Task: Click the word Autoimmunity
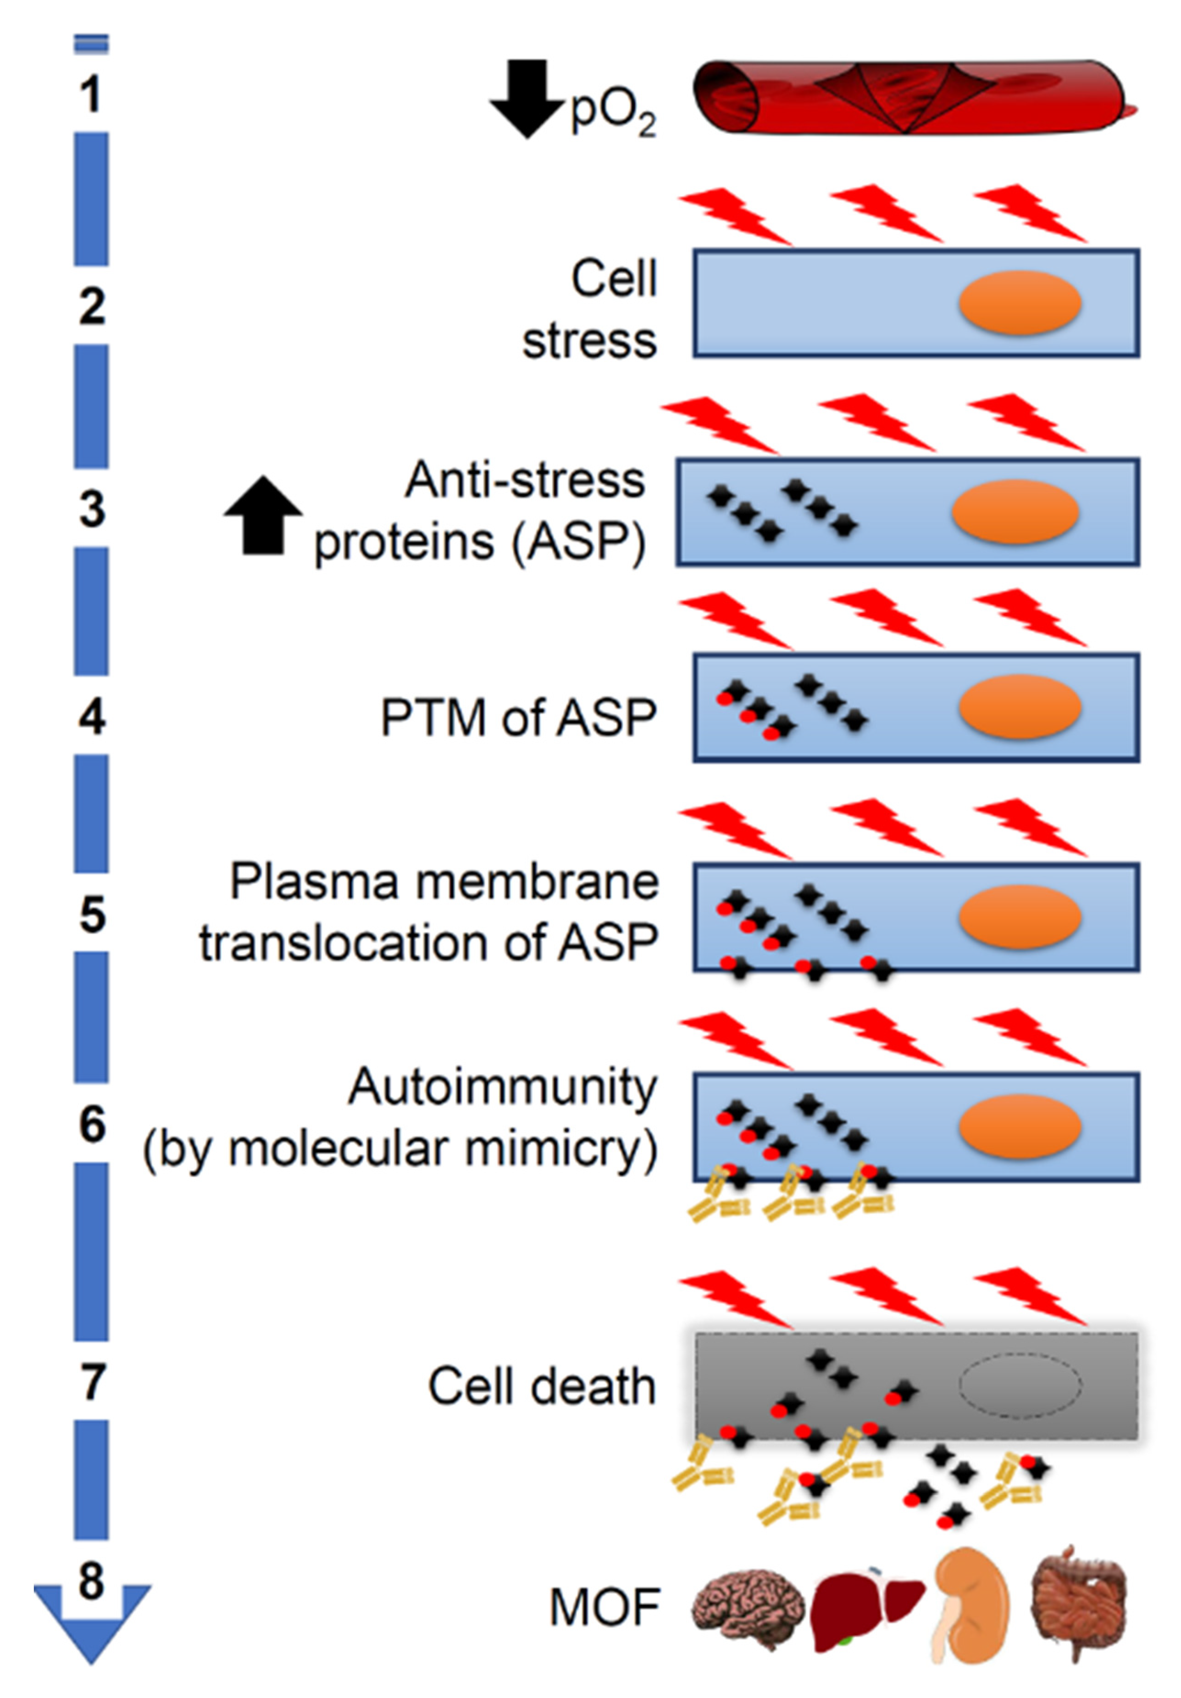point(502,1087)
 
